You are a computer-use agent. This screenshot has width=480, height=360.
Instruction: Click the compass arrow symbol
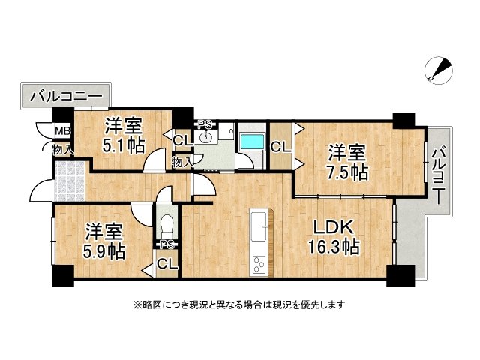439,70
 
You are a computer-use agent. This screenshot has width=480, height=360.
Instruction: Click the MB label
62,133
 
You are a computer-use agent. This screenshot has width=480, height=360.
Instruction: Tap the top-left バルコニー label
67,97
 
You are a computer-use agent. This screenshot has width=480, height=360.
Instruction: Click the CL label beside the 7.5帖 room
280,148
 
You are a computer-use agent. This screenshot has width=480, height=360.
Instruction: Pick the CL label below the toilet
167,263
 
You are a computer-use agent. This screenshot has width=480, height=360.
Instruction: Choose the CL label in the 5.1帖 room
182,140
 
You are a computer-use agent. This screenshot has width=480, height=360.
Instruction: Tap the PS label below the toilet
166,244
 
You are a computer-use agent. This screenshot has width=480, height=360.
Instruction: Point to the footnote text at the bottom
239,304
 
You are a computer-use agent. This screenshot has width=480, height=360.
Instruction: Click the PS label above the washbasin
204,124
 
